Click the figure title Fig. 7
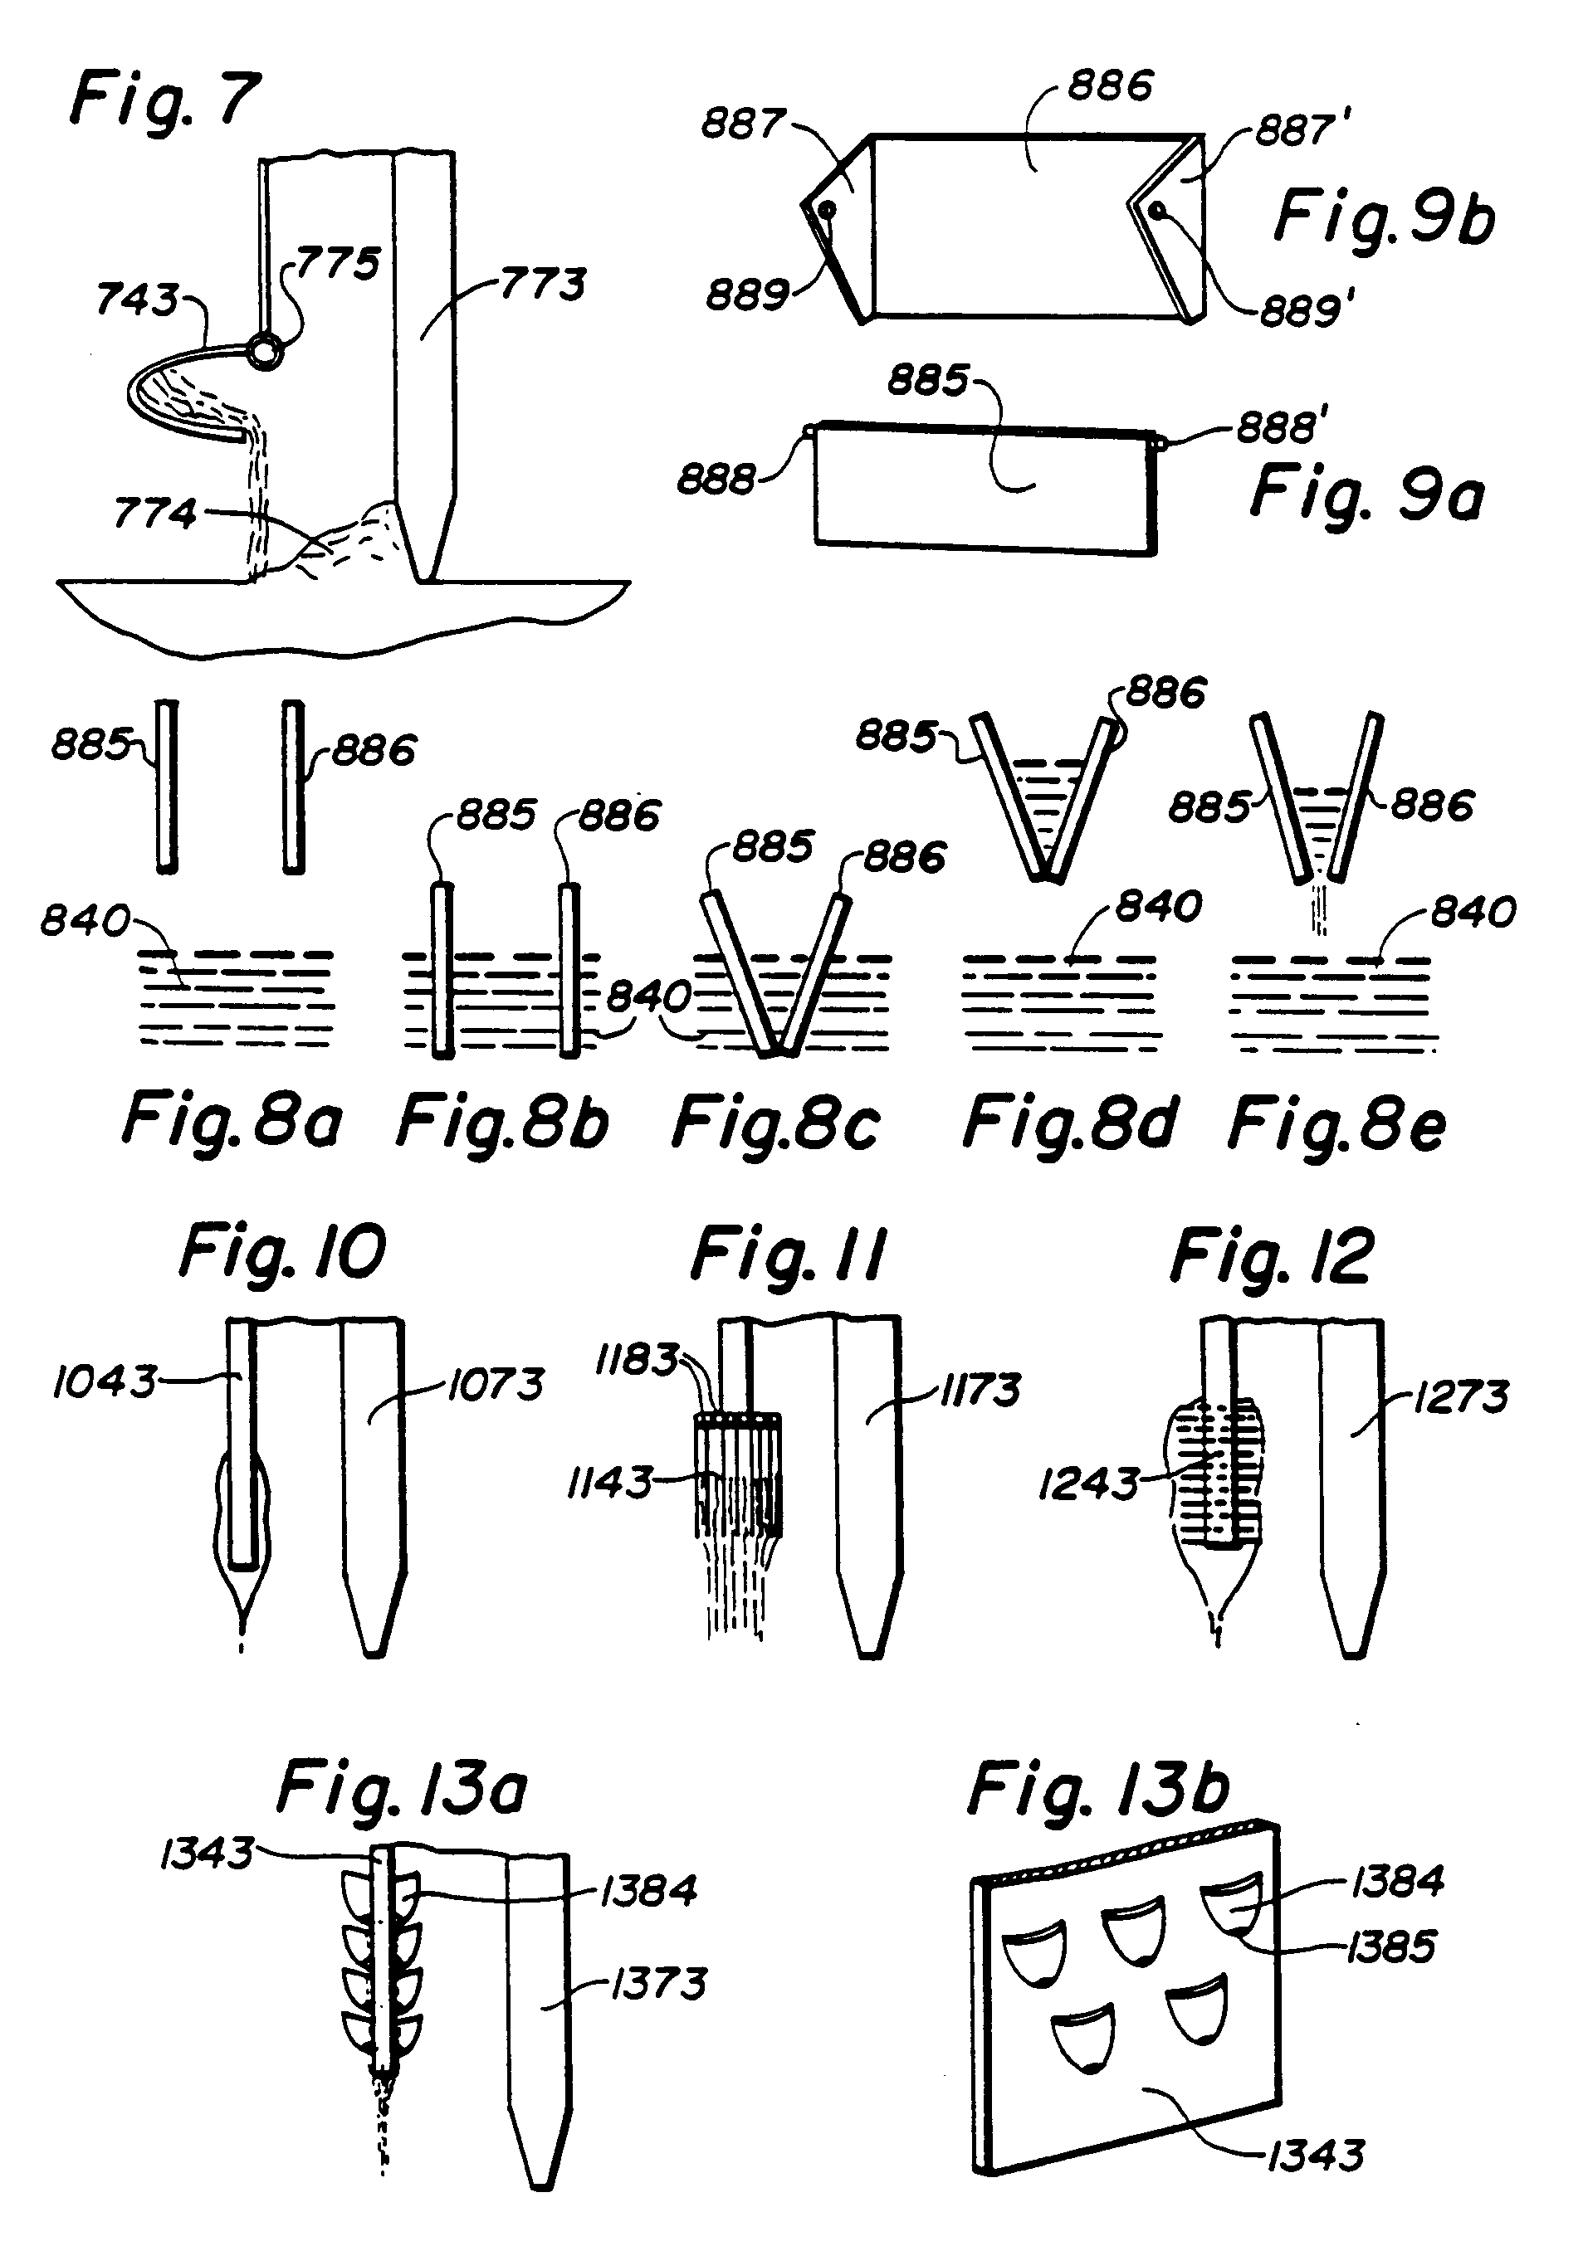tap(165, 99)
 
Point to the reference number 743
tap(137, 300)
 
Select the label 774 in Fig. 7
tap(155, 513)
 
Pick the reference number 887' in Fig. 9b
tap(1303, 130)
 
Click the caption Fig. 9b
tap(1384, 217)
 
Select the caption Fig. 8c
tap(774, 1123)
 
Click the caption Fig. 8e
tap(1336, 1124)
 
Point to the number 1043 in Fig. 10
tap(104, 1381)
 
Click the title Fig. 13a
tap(401, 1788)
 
